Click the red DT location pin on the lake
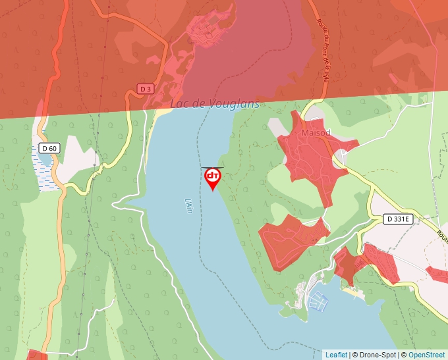pyautogui.click(x=213, y=178)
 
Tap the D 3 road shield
pyautogui.click(x=146, y=88)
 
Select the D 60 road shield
pyautogui.click(x=49, y=148)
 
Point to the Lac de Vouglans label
pyautogui.click(x=215, y=104)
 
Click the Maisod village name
pyautogui.click(x=315, y=133)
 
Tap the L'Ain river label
pyautogui.click(x=188, y=206)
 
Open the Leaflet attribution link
pyautogui.click(x=336, y=355)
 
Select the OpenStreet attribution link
pyautogui.click(x=426, y=355)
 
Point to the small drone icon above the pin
pyautogui.click(x=212, y=167)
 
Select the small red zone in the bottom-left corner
pyautogui.click(x=37, y=355)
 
